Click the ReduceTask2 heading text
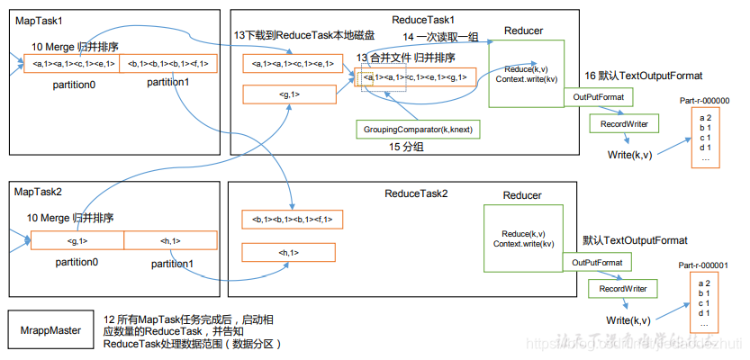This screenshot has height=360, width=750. coord(416,193)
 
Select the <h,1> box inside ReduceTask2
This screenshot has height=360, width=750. coord(290,253)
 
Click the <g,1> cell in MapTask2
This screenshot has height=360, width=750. coord(77,241)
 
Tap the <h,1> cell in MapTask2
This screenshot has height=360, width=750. coord(169,241)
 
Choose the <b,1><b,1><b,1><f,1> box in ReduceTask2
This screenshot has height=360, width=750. coord(293,220)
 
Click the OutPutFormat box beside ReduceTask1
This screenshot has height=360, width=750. coord(600,96)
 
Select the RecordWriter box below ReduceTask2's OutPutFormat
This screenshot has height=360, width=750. coord(623,289)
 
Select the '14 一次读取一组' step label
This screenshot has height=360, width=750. coord(440,37)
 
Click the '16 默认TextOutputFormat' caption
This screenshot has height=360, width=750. coord(643,76)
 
